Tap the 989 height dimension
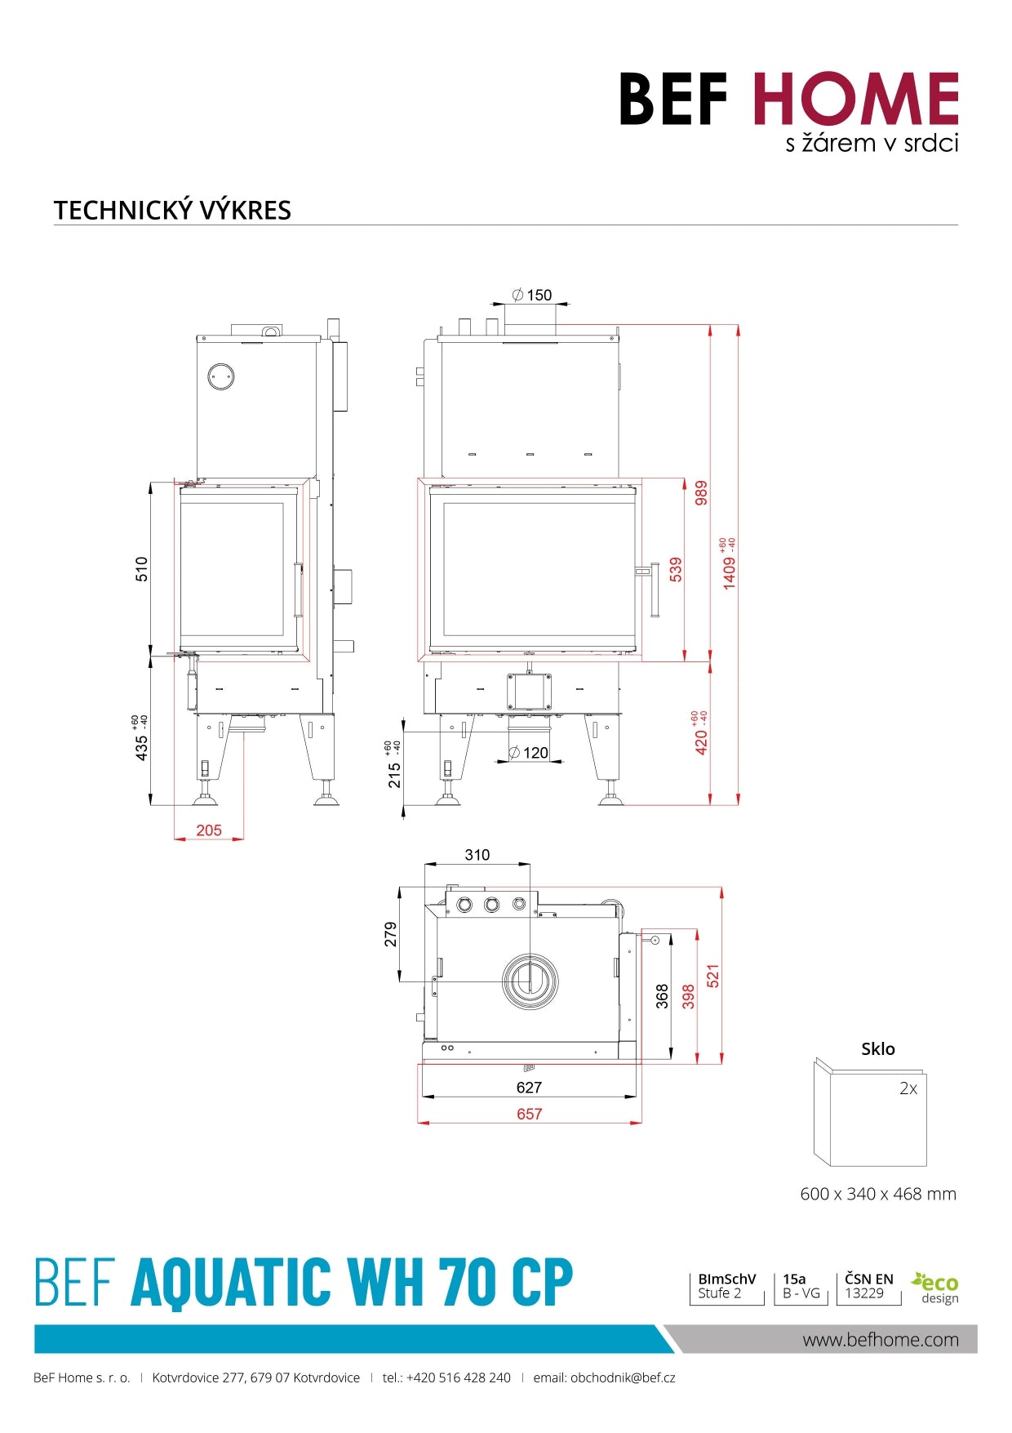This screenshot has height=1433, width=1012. point(701,493)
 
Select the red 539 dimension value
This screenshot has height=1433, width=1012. point(676,569)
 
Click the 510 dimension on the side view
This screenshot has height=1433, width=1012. point(142,568)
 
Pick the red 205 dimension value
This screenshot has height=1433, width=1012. point(209,830)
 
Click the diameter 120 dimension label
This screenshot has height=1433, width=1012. point(530,753)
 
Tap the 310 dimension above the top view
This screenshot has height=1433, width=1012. point(477,855)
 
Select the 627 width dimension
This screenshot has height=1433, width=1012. point(529,1088)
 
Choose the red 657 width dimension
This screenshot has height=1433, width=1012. point(529,1114)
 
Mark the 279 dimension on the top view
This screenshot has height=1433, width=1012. point(391,934)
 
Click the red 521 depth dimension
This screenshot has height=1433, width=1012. point(713,976)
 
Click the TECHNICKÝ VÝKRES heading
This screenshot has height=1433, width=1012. point(172,210)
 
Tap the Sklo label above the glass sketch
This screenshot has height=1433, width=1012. point(878,1049)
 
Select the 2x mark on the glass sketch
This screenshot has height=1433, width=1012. point(908,1088)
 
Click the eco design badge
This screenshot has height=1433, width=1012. point(935,1288)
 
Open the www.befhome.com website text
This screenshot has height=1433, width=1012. point(881,1340)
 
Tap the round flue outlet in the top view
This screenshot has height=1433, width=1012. point(530,981)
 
